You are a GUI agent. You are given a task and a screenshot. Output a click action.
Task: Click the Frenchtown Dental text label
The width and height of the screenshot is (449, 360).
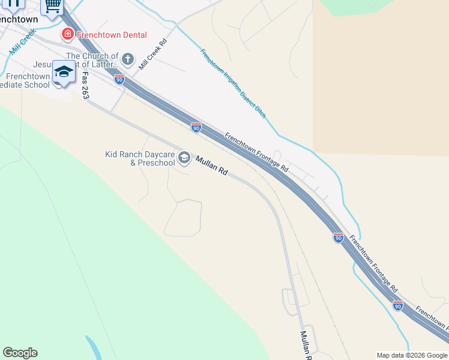click(112, 35)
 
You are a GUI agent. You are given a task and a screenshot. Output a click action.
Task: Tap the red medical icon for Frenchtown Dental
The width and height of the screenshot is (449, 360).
click(67, 34)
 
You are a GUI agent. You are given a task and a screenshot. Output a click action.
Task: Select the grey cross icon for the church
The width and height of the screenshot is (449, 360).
click(127, 59)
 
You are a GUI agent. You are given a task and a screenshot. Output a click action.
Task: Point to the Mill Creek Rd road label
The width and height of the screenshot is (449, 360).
click(152, 54)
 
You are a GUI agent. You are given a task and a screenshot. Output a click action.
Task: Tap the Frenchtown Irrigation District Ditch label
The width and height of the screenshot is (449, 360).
click(233, 83)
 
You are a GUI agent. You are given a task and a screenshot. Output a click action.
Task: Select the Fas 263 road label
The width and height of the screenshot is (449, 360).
click(85, 85)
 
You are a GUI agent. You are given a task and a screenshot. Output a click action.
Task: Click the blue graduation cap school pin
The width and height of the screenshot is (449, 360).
click(63, 73)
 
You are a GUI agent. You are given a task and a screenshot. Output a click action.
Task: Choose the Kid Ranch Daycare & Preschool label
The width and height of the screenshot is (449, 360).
click(140, 158)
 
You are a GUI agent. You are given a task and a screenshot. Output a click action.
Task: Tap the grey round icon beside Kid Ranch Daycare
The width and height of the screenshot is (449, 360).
click(184, 158)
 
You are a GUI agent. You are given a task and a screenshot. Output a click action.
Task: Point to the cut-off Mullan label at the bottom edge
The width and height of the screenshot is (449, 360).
click(306, 344)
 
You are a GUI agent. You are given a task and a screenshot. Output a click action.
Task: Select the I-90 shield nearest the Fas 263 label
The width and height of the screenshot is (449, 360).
click(119, 79)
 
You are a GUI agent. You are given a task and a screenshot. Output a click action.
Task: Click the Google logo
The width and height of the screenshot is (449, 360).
click(20, 353)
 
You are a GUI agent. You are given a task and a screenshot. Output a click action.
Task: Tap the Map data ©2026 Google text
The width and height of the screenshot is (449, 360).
click(412, 355)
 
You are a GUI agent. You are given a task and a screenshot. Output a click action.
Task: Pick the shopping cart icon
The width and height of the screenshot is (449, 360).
click(52, 5)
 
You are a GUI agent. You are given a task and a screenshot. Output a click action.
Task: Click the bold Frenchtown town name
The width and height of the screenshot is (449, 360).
click(18, 19)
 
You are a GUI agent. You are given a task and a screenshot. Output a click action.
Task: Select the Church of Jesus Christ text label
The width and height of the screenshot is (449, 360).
click(84, 61)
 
